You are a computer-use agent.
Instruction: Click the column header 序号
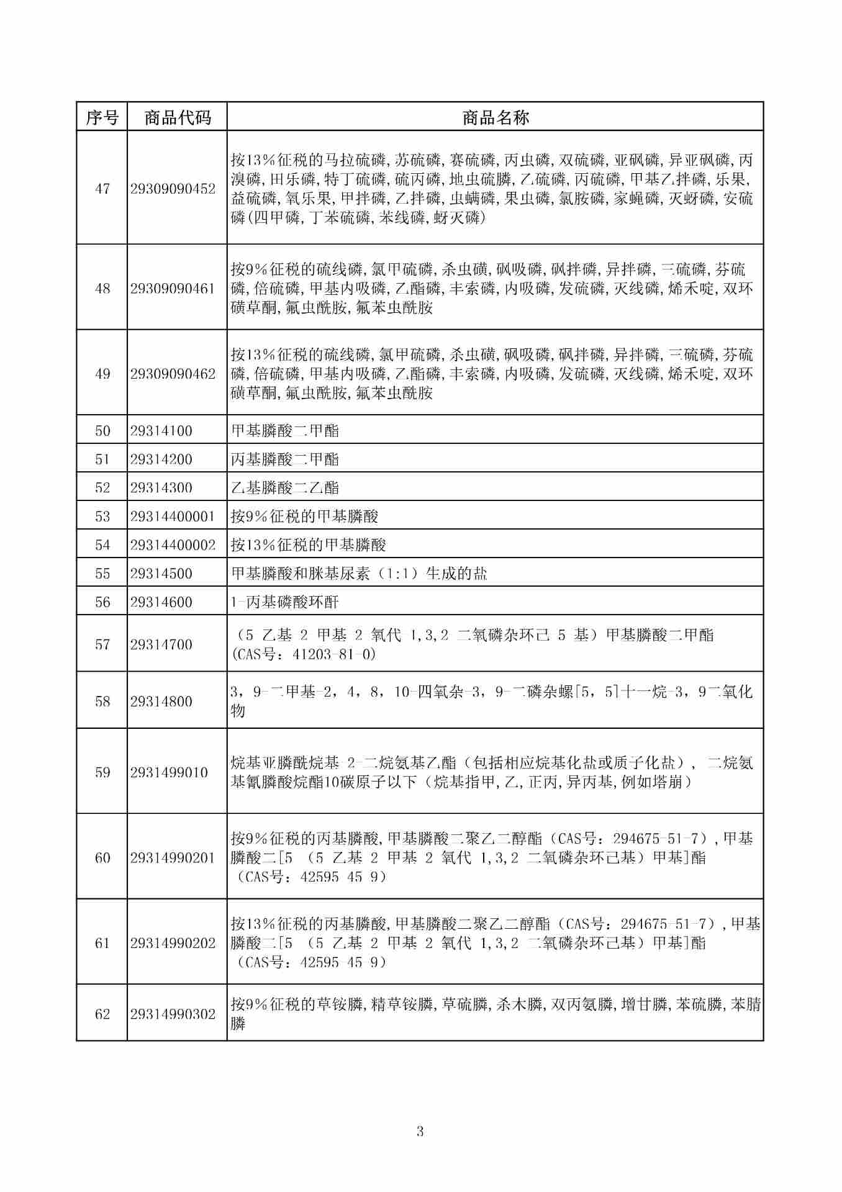tap(102, 117)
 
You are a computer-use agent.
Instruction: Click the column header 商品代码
tap(177, 117)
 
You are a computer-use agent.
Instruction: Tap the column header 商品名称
tap(495, 117)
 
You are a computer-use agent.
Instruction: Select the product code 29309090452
tap(173, 189)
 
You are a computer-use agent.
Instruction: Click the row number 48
tap(102, 289)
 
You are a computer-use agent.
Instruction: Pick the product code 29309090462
tap(173, 374)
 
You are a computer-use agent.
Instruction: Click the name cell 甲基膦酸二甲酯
tap(285, 431)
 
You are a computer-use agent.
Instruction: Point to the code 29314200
tap(161, 459)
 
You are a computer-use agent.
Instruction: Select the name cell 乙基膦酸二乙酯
tap(285, 488)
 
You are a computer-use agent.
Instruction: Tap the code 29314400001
tap(173, 517)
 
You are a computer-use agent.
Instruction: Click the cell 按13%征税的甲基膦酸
tap(309, 545)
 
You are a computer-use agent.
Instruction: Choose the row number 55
tap(102, 574)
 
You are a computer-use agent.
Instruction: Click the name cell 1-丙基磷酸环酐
tap(285, 602)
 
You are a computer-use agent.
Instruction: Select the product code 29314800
tap(161, 702)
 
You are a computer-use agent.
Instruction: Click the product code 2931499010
tap(169, 772)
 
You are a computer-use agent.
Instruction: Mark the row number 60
tap(102, 858)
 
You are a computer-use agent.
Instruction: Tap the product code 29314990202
tap(173, 943)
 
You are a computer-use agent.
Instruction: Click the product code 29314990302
tap(173, 1014)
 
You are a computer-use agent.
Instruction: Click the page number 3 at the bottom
tap(420, 1132)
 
